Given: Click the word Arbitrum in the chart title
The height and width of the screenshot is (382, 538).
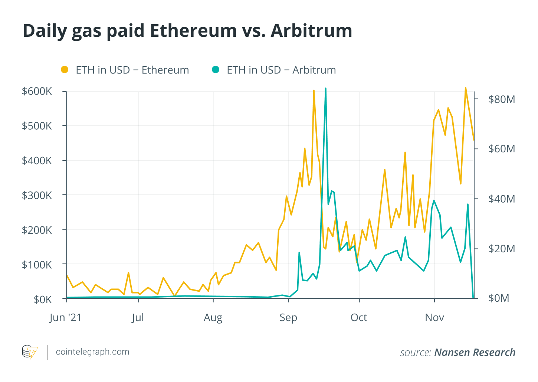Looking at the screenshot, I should (x=311, y=30).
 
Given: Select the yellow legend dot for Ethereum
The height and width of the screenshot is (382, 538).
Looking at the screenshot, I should (x=65, y=69).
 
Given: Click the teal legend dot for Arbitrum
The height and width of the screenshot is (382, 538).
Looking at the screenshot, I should (x=216, y=69).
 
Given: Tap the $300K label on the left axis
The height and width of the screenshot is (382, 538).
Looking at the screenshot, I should (x=37, y=195).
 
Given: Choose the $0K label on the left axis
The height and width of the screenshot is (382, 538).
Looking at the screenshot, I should (x=43, y=299).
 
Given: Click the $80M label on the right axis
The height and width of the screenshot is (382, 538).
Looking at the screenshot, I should (x=502, y=99).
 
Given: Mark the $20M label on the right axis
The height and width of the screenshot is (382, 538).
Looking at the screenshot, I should (x=502, y=248).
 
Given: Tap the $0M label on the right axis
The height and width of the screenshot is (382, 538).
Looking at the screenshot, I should (x=499, y=298).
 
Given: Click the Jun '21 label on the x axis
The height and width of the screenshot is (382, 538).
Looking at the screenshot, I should (x=65, y=318).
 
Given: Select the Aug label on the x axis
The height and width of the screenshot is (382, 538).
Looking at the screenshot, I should (x=213, y=318).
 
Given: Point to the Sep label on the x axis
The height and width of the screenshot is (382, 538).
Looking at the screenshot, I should (x=288, y=318).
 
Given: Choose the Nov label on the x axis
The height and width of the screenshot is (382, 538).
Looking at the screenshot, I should (x=434, y=318).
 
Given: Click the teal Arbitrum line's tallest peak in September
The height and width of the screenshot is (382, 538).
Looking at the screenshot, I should (x=325, y=88).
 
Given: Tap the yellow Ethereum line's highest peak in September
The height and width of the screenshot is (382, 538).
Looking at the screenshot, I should (x=314, y=90).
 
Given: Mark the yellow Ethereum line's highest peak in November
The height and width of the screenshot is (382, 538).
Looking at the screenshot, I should (x=465, y=88).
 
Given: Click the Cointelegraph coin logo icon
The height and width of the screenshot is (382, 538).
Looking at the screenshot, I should (x=30, y=352).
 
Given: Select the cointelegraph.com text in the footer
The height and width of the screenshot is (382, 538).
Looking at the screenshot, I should (x=92, y=352).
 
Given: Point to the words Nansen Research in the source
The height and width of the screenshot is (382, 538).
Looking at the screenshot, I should (x=475, y=352).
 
